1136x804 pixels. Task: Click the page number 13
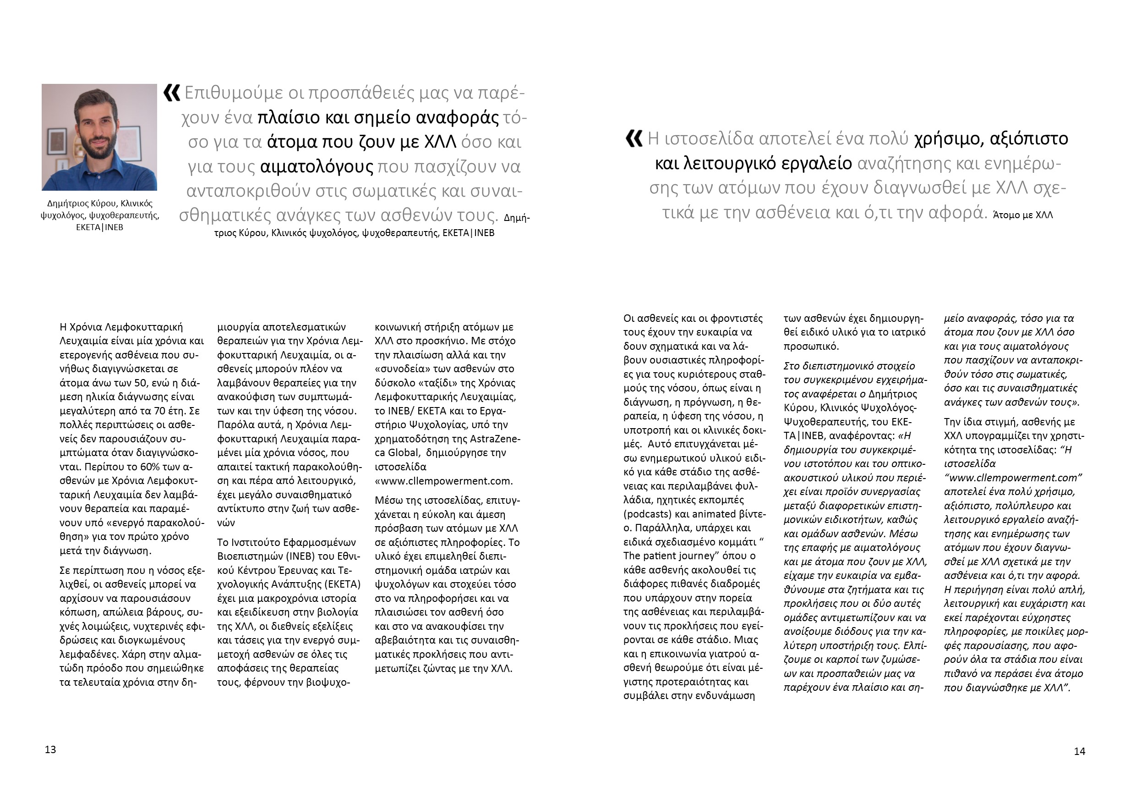pos(50,749)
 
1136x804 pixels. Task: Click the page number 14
pos(1080,751)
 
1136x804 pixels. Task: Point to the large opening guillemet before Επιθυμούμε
pos(172,93)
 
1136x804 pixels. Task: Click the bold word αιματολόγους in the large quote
pos(317,166)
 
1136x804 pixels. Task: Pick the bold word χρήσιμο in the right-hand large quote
pos(947,138)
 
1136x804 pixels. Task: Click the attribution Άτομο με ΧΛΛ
pos(1023,215)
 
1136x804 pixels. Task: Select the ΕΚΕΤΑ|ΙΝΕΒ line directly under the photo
pos(99,227)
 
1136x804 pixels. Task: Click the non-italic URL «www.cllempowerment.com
pos(444,481)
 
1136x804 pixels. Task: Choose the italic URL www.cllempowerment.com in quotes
pos(1013,478)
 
